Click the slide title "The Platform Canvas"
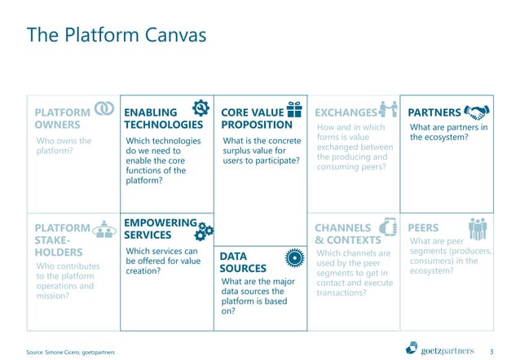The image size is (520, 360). click(x=117, y=36)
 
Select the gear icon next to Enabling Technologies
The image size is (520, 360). click(x=201, y=108)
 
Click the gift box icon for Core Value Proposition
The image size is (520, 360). click(x=295, y=109)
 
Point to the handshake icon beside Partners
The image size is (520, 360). click(x=475, y=112)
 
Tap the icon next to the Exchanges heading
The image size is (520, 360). click(x=388, y=110)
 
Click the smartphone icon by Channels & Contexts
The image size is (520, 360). click(x=389, y=227)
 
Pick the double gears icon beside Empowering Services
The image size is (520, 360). click(x=205, y=230)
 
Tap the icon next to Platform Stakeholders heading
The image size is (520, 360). click(x=104, y=229)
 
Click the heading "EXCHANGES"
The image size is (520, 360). click(x=346, y=112)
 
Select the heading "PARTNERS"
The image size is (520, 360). click(x=434, y=112)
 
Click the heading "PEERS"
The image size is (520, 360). click(x=423, y=228)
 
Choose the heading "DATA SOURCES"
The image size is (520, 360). click(x=243, y=262)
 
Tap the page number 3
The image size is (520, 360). click(x=491, y=351)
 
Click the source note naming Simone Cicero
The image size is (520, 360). click(x=71, y=351)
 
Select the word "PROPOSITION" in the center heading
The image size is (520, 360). click(x=257, y=125)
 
